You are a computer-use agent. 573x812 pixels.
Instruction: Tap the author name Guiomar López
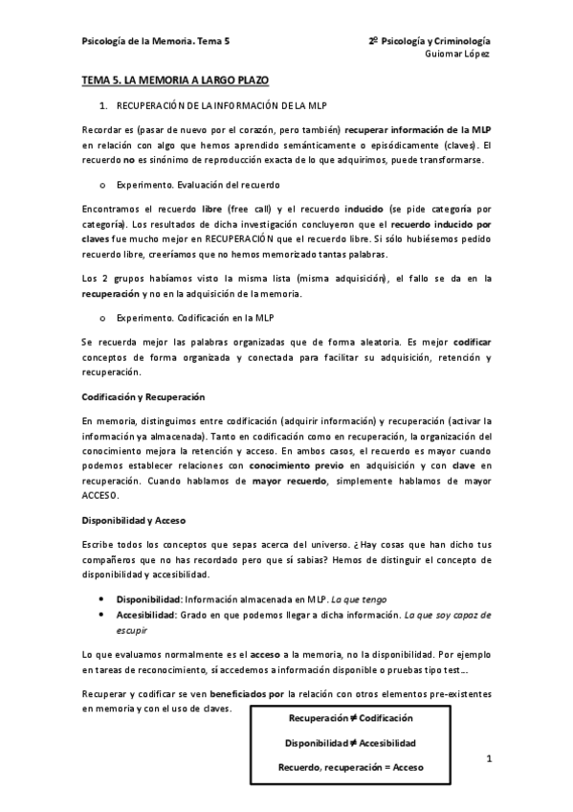click(x=457, y=55)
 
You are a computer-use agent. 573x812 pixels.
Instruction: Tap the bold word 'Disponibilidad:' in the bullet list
click(x=148, y=598)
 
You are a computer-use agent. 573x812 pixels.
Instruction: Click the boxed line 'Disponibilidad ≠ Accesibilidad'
click(x=351, y=742)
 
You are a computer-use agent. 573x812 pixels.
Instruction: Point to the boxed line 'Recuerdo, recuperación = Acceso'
click(x=351, y=767)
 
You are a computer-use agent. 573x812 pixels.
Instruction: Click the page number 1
click(x=488, y=760)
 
